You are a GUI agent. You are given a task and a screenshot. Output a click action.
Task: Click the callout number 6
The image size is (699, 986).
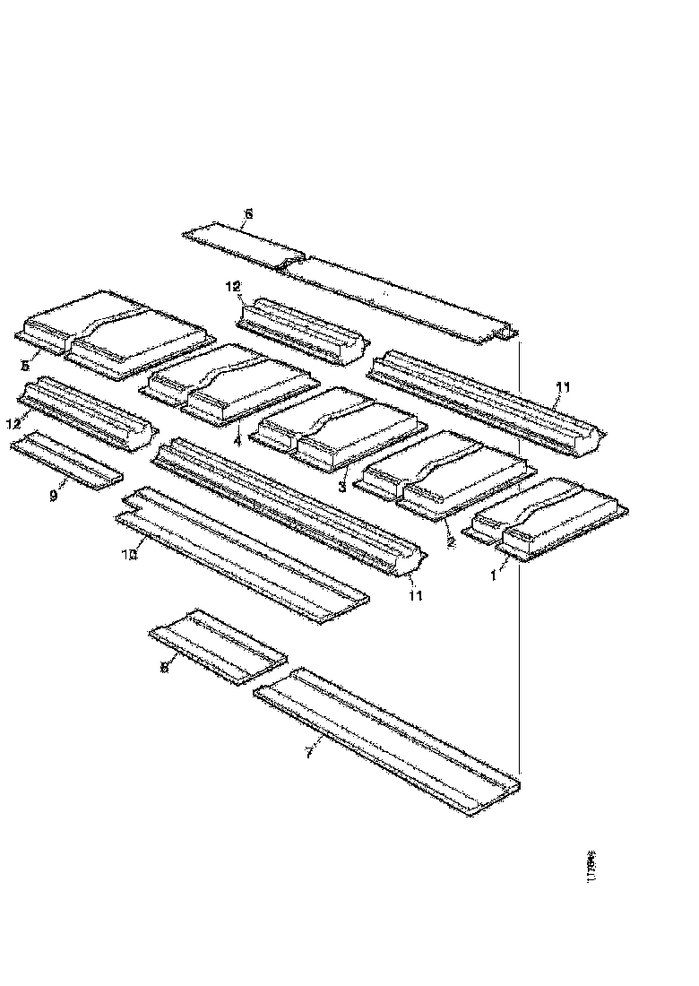click(248, 213)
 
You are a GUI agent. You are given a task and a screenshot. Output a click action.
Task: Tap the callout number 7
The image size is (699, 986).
click(308, 753)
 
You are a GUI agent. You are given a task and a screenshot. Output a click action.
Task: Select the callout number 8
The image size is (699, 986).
click(164, 667)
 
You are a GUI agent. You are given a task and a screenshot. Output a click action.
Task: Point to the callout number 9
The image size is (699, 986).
click(53, 495)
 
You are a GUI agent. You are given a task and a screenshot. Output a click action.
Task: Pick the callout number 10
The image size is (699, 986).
click(129, 555)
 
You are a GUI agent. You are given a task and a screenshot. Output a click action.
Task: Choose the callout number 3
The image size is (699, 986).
click(341, 487)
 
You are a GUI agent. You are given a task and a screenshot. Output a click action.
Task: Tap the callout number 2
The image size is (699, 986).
click(450, 541)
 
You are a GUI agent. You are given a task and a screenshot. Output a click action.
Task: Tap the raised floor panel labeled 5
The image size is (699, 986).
click(116, 332)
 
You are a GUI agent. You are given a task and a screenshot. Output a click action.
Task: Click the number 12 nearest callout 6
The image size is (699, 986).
click(233, 287)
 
